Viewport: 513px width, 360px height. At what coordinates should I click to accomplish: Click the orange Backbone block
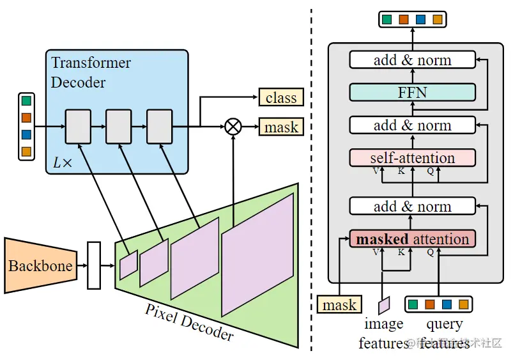(x=40, y=265)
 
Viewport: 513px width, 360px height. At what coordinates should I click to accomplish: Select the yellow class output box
(x=280, y=97)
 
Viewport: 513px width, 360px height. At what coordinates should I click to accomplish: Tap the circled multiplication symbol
(x=233, y=127)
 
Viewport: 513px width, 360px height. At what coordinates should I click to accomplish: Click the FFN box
(x=412, y=92)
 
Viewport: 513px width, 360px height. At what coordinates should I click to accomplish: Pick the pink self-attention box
(x=412, y=157)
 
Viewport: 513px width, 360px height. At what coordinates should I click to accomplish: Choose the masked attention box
(x=412, y=239)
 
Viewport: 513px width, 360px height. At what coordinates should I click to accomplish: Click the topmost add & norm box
(x=412, y=60)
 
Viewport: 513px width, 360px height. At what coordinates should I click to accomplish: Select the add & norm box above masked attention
(x=412, y=206)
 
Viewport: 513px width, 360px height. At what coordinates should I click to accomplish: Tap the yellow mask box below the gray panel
(x=339, y=305)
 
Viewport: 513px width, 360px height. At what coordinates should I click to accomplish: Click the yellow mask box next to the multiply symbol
(x=280, y=127)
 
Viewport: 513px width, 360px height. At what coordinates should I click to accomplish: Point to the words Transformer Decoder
(x=91, y=72)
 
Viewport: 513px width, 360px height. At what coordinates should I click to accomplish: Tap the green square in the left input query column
(x=26, y=101)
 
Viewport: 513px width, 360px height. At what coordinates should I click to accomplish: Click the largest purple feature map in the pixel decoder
(x=257, y=254)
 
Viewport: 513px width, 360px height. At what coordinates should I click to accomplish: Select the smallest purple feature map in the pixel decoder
(x=128, y=265)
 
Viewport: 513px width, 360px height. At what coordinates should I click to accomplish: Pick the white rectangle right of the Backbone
(x=94, y=265)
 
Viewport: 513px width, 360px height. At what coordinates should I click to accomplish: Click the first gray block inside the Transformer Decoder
(x=78, y=127)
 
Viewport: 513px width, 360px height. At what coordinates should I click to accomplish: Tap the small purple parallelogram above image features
(x=384, y=305)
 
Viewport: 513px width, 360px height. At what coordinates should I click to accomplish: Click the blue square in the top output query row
(x=420, y=19)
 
